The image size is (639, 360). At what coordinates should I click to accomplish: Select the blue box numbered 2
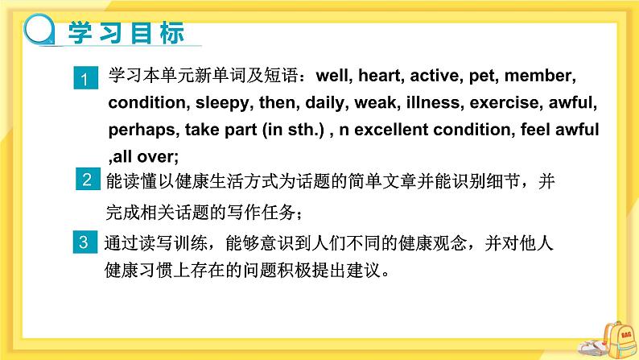[88, 180]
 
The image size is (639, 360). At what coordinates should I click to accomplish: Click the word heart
[380, 77]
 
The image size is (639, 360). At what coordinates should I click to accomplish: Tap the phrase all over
[144, 153]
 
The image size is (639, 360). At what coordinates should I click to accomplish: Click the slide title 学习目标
[128, 34]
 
